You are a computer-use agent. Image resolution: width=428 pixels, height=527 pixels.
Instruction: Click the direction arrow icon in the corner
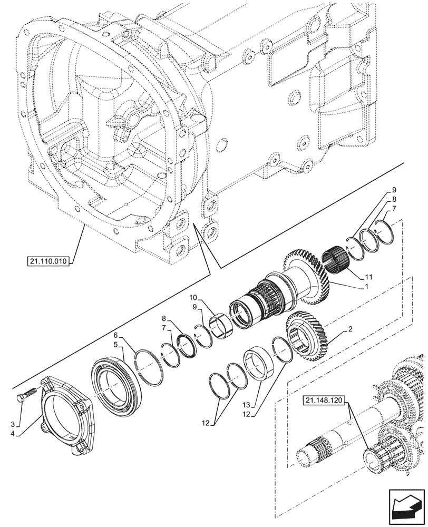(x=406, y=510)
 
